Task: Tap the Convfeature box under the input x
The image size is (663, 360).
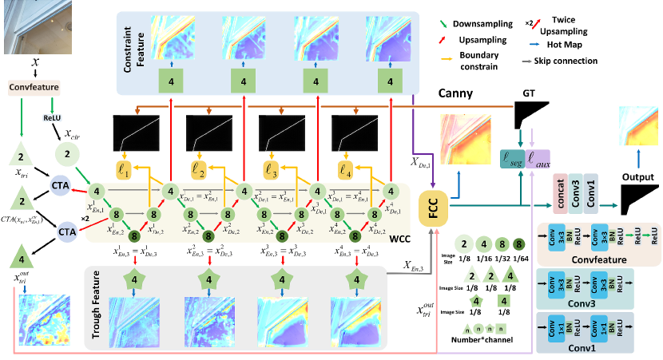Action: [x=30, y=86]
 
